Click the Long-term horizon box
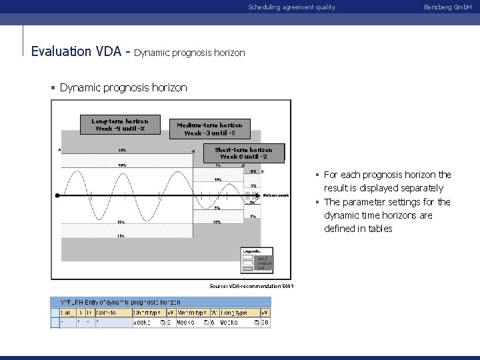coord(120,125)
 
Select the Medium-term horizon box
coord(209,129)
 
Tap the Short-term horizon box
coord(243,153)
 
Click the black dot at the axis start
coord(58,196)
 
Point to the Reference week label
coord(275,195)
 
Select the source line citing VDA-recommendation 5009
coord(252,286)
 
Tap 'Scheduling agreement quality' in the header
coord(291,7)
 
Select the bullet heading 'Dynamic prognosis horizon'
coord(123,87)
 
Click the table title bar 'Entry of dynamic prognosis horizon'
coord(120,302)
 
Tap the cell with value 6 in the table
coord(213,323)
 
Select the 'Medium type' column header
coord(191,312)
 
